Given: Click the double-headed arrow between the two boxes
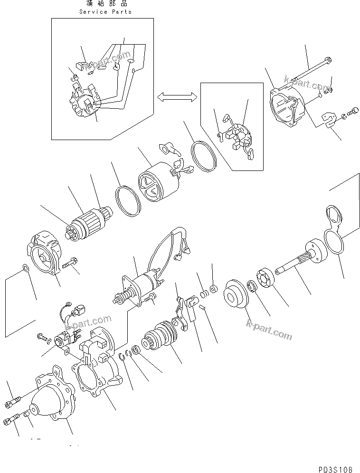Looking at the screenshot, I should tap(177, 97).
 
